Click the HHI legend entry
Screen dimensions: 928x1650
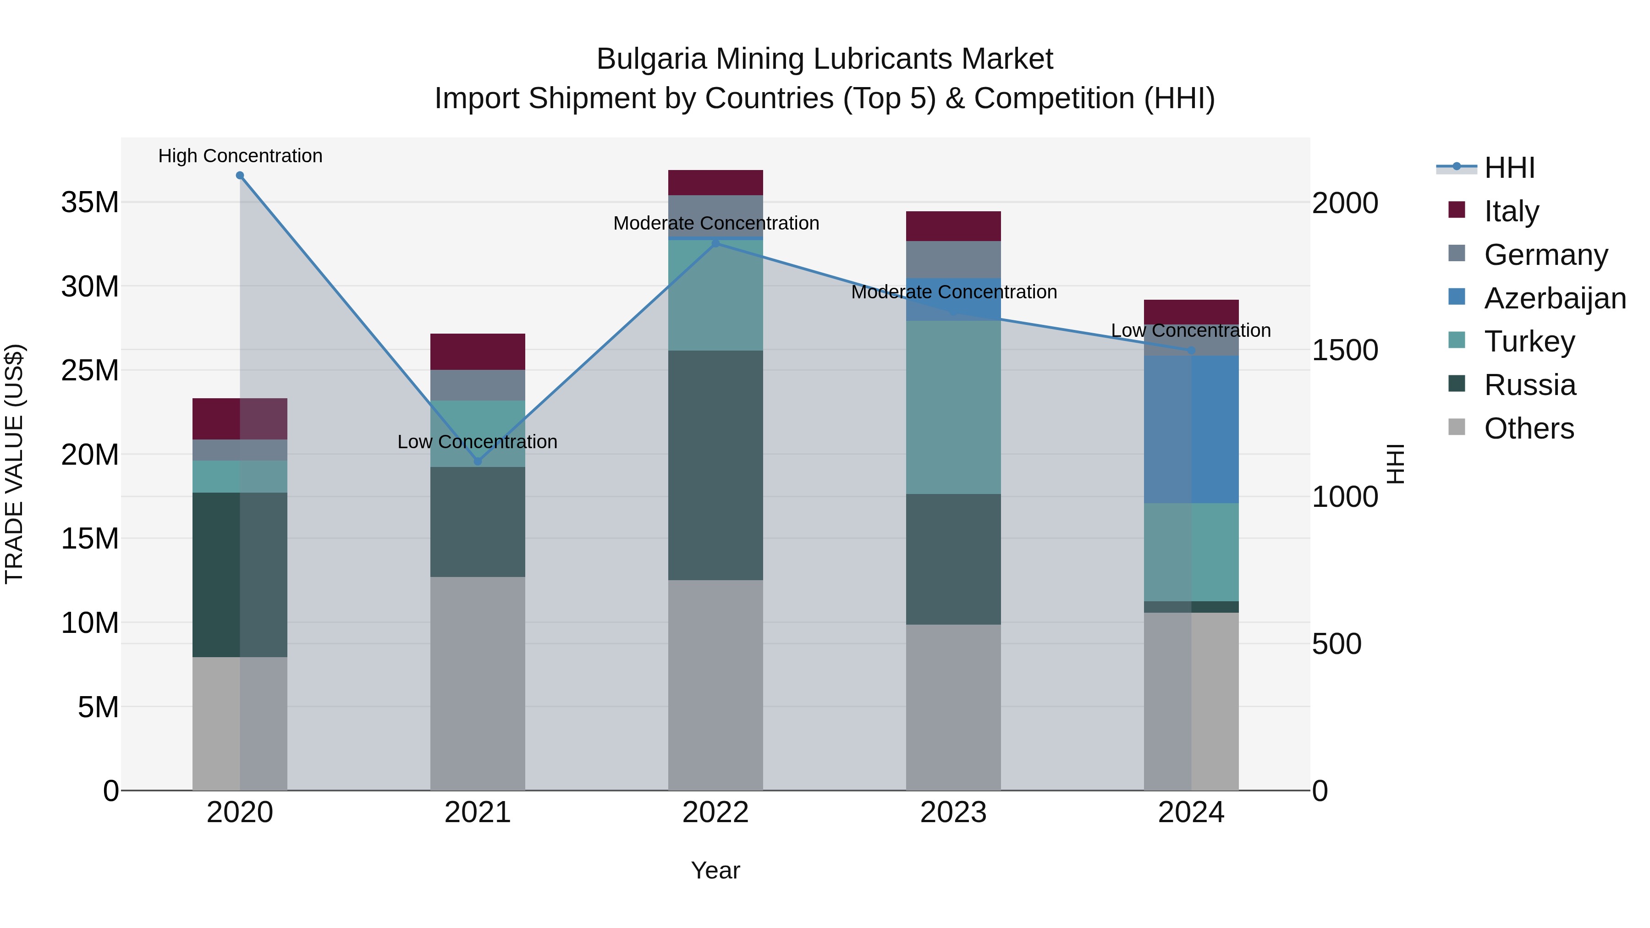(1508, 168)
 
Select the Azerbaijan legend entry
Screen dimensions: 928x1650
(1555, 298)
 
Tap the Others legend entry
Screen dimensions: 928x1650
(1528, 428)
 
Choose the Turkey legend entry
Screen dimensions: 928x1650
(1529, 341)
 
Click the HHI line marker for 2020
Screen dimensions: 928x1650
(240, 176)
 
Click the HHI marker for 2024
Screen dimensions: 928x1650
(1191, 350)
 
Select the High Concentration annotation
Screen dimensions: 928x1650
(240, 156)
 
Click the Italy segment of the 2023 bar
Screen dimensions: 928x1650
(953, 226)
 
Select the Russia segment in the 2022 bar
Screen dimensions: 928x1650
(715, 465)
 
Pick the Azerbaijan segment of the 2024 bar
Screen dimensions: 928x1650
(1191, 429)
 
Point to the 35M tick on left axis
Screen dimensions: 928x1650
(90, 203)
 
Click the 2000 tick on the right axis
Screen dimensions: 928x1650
(1344, 203)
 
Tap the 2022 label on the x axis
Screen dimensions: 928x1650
(715, 813)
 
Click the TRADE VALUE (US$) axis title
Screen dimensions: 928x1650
(14, 464)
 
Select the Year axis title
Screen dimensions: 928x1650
(715, 870)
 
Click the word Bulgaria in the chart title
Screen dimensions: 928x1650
(651, 59)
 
